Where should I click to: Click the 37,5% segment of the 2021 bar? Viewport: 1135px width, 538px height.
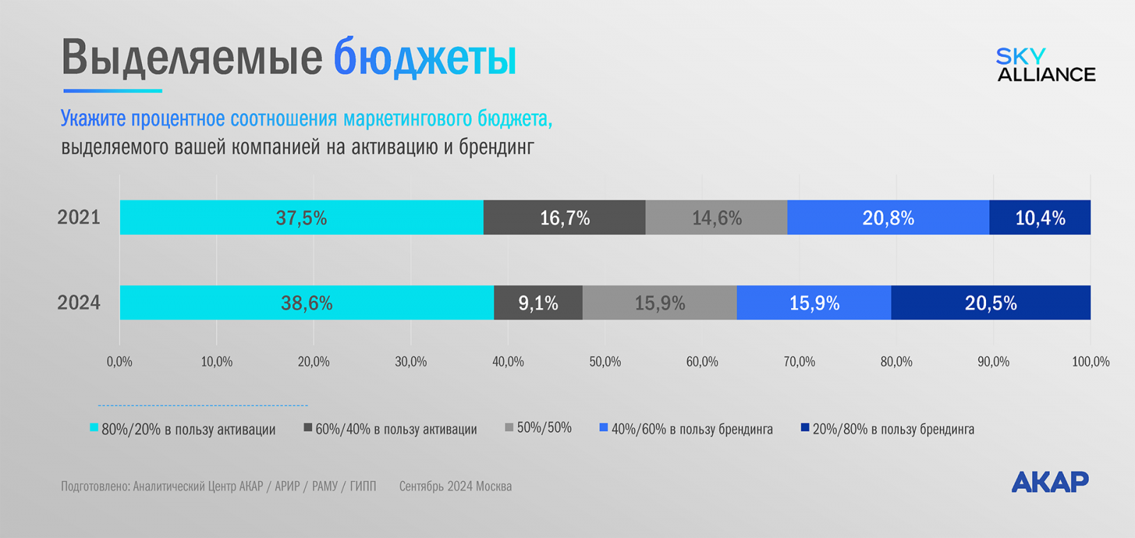tap(301, 217)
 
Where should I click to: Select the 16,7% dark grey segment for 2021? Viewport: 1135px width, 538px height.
tap(565, 217)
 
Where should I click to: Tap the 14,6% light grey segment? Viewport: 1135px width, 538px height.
tap(716, 217)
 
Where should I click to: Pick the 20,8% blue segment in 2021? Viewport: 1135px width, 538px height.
tap(888, 217)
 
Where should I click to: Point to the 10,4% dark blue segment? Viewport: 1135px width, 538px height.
tap(1040, 217)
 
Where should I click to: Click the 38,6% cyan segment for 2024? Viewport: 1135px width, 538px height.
tap(306, 303)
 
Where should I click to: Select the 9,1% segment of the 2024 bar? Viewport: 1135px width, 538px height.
tap(538, 303)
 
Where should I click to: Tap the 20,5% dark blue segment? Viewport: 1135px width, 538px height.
tap(991, 303)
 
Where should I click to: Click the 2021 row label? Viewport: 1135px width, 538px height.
tap(79, 217)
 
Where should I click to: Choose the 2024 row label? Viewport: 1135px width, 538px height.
tap(79, 303)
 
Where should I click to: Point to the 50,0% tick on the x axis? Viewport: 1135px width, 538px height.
tap(605, 362)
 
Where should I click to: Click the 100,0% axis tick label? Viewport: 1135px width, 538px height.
tap(1090, 362)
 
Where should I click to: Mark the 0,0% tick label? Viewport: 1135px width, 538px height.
tap(119, 362)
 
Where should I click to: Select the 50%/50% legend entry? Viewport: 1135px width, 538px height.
tap(538, 428)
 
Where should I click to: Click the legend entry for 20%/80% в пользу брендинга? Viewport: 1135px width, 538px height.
tap(888, 429)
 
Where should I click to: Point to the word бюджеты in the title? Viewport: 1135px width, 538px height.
tap(425, 57)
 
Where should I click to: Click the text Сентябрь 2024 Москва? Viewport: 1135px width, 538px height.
tap(455, 486)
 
